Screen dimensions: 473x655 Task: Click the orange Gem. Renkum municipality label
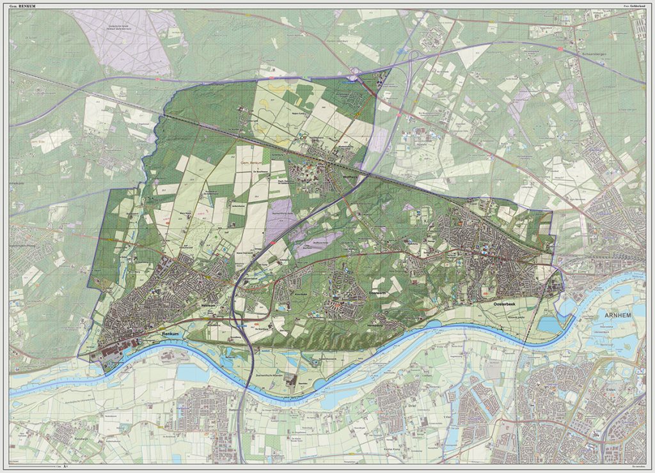(x=251, y=164)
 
